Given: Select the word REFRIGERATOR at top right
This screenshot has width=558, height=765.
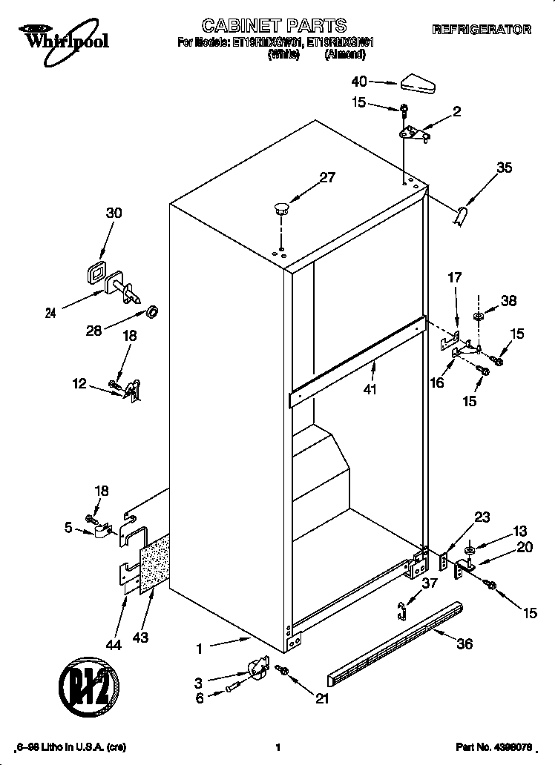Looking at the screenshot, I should (482, 30).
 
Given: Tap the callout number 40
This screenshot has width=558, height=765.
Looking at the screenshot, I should (359, 82).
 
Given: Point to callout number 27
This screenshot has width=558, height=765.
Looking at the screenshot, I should (327, 177).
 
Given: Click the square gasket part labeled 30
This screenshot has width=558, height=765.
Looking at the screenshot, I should (95, 273).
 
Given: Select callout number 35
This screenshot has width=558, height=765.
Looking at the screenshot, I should (504, 168).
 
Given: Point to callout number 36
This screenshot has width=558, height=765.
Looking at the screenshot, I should (464, 644).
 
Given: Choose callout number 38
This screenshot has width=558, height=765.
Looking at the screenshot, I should (508, 302).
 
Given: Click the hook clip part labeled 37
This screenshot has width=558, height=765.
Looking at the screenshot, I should (403, 610).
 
